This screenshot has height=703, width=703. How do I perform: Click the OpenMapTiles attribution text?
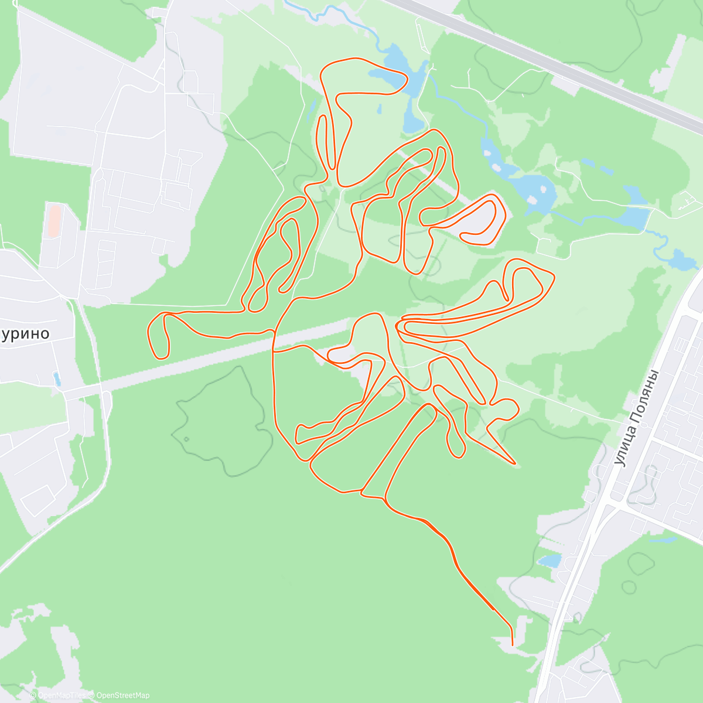point(60,695)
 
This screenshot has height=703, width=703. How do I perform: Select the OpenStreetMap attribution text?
point(122,695)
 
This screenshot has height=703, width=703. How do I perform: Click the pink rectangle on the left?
point(53,221)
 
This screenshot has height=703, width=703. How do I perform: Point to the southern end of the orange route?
point(513,644)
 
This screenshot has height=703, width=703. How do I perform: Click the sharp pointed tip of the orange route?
point(515,463)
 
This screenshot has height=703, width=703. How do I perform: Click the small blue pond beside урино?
point(56,378)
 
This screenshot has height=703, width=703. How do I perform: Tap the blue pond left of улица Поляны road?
point(551,561)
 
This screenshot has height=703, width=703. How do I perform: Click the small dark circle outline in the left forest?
point(186,439)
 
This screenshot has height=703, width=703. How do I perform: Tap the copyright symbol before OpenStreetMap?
point(92,695)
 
